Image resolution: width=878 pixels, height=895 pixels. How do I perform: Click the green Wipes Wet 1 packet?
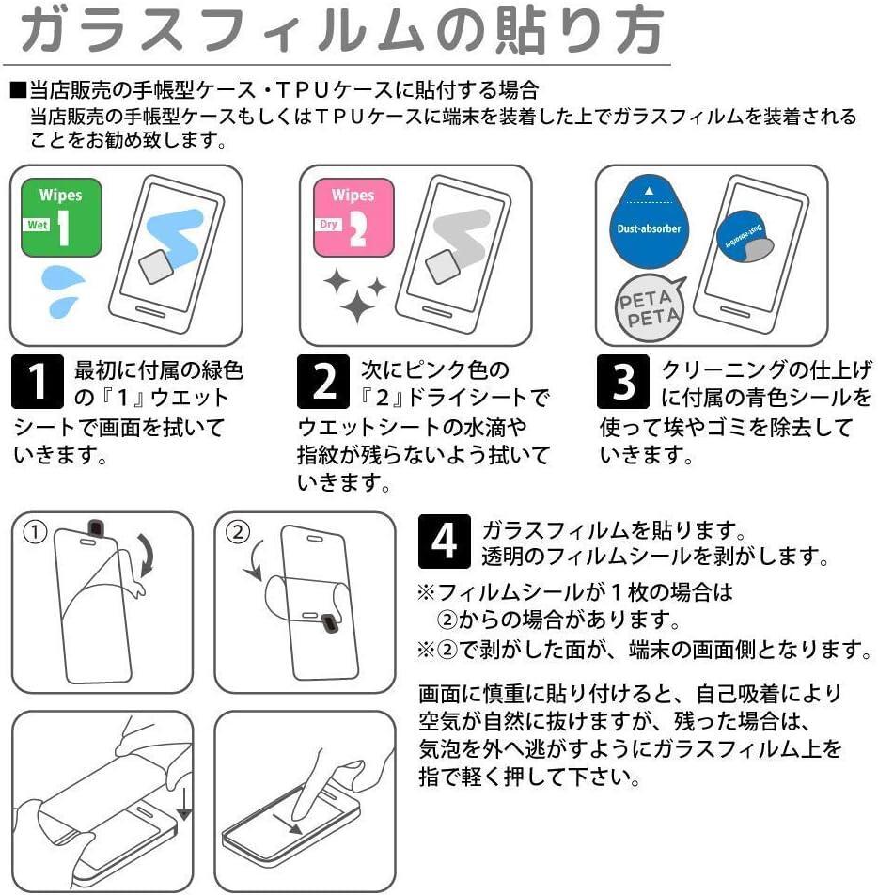pos(61,217)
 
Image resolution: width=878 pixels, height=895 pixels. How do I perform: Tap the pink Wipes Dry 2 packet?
pos(354,217)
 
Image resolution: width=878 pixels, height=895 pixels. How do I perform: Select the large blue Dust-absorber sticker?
pos(649,222)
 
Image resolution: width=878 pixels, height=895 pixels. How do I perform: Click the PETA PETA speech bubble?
pos(650,307)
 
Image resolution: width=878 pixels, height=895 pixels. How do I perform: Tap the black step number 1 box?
pos(37,382)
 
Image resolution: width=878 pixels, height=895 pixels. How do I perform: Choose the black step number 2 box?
pos(323,382)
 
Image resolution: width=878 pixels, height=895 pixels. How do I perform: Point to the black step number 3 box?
pos(623,382)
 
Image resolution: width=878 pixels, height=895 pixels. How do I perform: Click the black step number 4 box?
pos(444,542)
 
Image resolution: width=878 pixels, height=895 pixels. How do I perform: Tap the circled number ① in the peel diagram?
pos(34,532)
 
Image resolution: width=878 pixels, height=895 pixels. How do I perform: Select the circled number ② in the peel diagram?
pos(238,532)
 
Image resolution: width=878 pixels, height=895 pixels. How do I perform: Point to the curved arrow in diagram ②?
pos(251,559)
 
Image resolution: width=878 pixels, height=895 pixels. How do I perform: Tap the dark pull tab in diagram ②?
pos(330,624)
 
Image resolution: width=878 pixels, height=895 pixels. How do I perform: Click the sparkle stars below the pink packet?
pos(354,295)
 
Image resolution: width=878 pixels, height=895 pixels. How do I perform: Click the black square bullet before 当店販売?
pos(18,91)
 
